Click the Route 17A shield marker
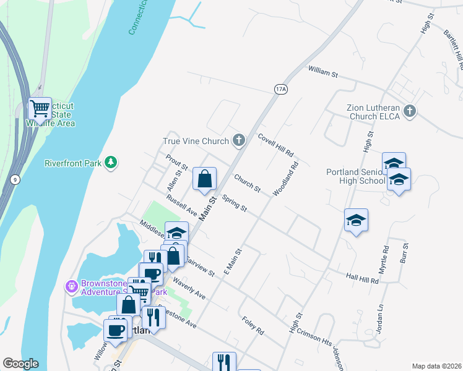(x=280, y=90)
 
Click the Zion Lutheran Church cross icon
(x=409, y=111)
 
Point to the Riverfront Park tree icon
(x=111, y=163)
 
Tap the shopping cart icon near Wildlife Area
(x=40, y=109)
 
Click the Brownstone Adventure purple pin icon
(x=72, y=286)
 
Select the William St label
(x=323, y=74)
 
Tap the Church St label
(x=247, y=182)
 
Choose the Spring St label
(x=234, y=205)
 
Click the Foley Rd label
(x=253, y=326)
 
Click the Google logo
(x=20, y=364)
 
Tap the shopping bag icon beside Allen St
(x=205, y=179)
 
